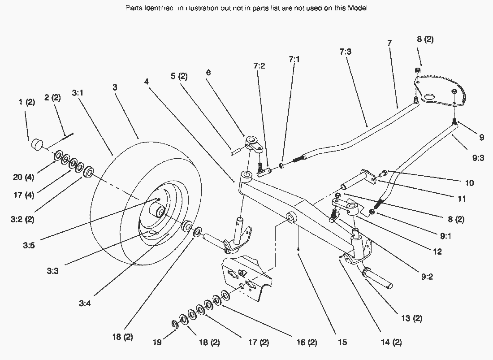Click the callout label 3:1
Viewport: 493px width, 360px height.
point(78,93)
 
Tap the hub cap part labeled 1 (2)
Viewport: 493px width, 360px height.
point(37,145)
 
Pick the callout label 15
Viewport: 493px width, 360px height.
point(342,343)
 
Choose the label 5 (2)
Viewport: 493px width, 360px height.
point(178,76)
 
